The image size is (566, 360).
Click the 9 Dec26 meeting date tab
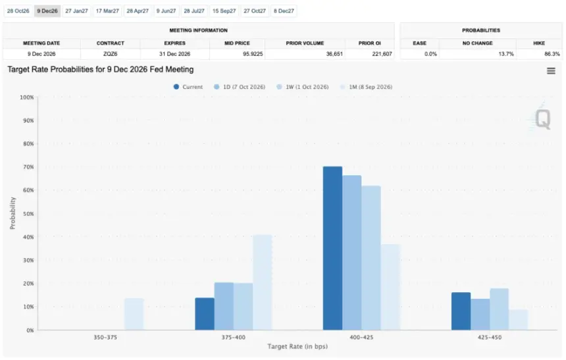tap(47, 11)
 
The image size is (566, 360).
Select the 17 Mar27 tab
tap(107, 11)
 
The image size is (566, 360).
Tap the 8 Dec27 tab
tap(284, 11)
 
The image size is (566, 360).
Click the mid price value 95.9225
tap(253, 54)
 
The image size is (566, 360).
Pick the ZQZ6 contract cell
tap(110, 54)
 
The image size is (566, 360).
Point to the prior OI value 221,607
tap(382, 54)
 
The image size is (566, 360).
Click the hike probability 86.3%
tap(552, 54)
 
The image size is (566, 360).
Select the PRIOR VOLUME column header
tap(305, 43)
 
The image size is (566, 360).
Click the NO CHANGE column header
tap(478, 43)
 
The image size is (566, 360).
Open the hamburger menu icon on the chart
tap(551, 71)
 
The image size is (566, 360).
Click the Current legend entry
tap(188, 87)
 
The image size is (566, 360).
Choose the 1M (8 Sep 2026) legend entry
tap(366, 87)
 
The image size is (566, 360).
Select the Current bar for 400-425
tap(332, 248)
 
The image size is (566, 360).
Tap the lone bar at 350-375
tap(134, 314)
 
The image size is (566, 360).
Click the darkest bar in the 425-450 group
tap(461, 311)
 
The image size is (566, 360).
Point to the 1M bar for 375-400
tap(263, 282)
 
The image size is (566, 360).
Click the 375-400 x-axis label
tap(233, 338)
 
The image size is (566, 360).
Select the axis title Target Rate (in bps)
tap(297, 347)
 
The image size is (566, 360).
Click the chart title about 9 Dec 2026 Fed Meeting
tap(100, 70)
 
